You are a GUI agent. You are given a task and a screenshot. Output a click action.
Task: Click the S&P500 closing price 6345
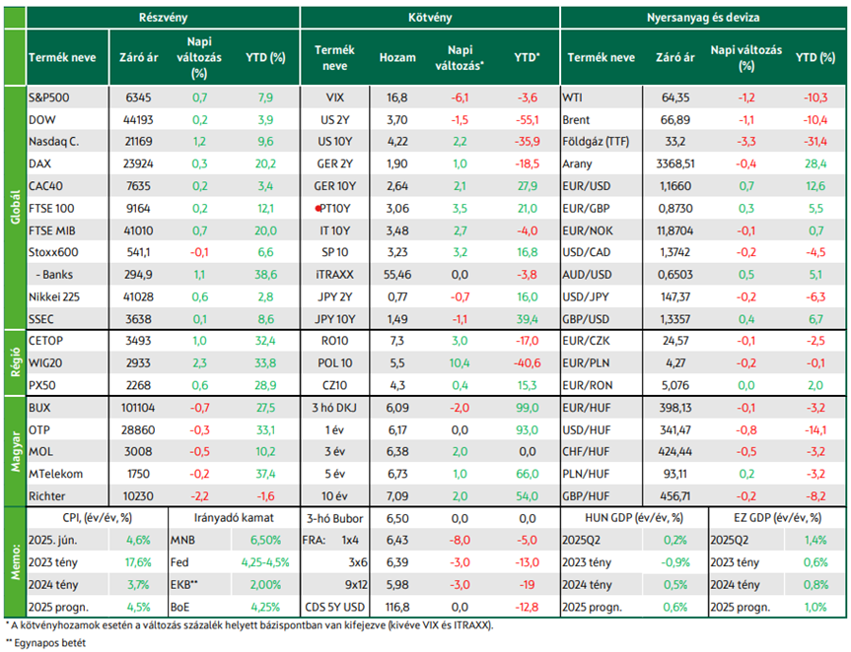138,98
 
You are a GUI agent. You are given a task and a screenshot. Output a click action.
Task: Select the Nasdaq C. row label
53,142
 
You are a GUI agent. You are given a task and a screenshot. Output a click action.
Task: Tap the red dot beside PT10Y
319,208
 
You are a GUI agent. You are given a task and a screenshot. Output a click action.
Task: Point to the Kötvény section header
430,18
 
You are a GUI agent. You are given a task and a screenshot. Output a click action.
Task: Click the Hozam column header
397,57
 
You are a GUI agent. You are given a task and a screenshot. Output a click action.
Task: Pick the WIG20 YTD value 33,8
265,363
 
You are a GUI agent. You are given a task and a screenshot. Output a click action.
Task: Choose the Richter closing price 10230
138,496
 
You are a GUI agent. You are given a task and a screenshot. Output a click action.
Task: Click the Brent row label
577,120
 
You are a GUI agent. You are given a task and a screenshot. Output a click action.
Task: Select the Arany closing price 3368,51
675,163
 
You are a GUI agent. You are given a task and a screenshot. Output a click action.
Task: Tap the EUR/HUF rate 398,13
675,408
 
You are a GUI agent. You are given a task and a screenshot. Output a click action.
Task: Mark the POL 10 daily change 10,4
460,363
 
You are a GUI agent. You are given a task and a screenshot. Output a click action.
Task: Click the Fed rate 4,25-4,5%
265,562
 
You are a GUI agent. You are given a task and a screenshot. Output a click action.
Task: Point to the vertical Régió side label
15,362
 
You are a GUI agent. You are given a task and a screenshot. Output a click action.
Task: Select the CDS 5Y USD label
335,607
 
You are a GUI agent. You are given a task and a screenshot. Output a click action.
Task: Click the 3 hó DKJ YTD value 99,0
527,408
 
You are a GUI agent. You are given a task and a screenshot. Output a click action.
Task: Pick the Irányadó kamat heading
234,518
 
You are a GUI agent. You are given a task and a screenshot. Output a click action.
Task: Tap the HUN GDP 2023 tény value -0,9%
675,562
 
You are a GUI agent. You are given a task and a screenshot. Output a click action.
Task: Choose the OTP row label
39,429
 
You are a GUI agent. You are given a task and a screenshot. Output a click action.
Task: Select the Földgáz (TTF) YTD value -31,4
816,142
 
